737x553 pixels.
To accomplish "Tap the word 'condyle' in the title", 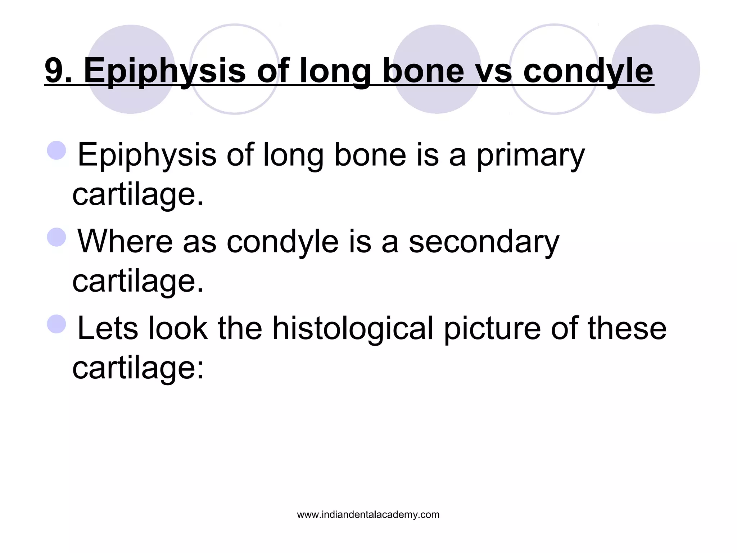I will point(588,71).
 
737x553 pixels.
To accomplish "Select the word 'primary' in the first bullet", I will point(530,156).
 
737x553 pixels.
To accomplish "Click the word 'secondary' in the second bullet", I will point(484,242).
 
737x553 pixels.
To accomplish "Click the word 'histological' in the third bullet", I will point(352,328).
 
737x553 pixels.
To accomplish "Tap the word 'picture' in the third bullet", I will point(492,328).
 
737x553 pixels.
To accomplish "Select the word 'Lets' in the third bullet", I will point(108,328).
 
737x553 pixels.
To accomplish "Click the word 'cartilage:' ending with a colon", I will point(138,368).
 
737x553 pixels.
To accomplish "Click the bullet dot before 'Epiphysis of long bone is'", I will point(57,150).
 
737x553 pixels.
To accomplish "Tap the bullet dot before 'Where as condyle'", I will point(57,237).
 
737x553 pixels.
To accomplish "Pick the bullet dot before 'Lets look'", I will point(57,323).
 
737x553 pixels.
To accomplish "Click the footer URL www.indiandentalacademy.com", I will point(368,515).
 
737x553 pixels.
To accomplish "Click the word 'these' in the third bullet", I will point(627,328).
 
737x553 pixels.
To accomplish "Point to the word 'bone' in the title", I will point(423,71).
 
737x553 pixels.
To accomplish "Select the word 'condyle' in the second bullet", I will point(282,242).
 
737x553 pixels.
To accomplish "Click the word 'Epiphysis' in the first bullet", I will point(147,156).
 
